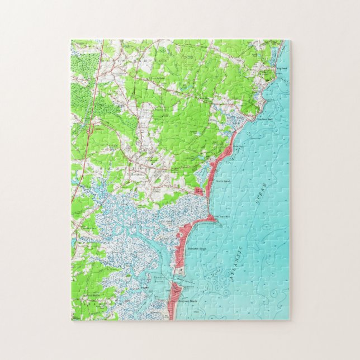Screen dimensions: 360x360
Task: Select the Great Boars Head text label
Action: pyautogui.click(x=225, y=216)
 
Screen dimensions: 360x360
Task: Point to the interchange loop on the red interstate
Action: pyautogui.click(x=89, y=130)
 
